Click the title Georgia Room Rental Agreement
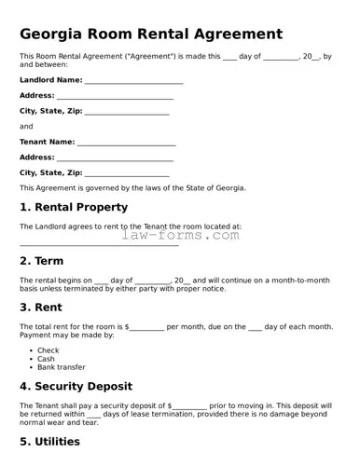pos(151,34)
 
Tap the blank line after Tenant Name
pos(126,144)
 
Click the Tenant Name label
pos(48,142)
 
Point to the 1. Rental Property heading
pos(74,207)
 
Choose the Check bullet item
pos(48,350)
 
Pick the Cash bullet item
pos(46,359)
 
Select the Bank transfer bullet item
pos(62,367)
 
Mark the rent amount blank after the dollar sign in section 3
pos(146,329)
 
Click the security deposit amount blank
pos(189,408)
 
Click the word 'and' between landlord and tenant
pos(26,126)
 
